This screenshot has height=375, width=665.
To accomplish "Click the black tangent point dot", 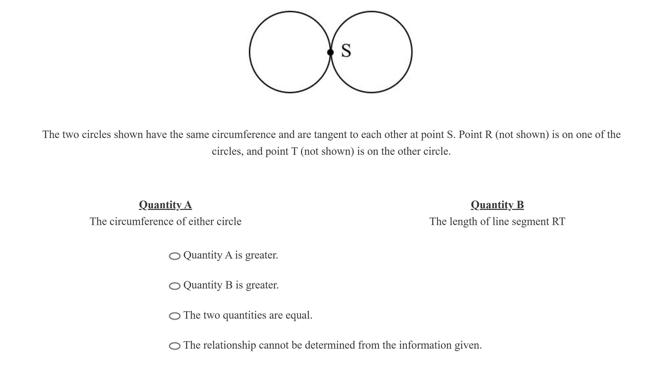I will pyautogui.click(x=330, y=52).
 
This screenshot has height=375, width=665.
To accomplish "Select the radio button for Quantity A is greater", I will pyautogui.click(x=174, y=256).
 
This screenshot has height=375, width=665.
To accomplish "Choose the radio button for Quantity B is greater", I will pyautogui.click(x=174, y=286).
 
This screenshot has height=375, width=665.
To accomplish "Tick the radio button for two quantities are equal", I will pyautogui.click(x=174, y=316).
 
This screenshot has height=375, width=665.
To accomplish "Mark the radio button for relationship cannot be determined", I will pyautogui.click(x=174, y=346).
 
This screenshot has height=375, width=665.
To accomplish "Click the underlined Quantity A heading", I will pyautogui.click(x=165, y=205).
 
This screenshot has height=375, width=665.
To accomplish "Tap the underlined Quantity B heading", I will pyautogui.click(x=497, y=205).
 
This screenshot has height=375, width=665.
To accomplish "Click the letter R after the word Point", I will pyautogui.click(x=489, y=134).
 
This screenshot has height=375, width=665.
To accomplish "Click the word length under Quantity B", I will pyautogui.click(x=463, y=221).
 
